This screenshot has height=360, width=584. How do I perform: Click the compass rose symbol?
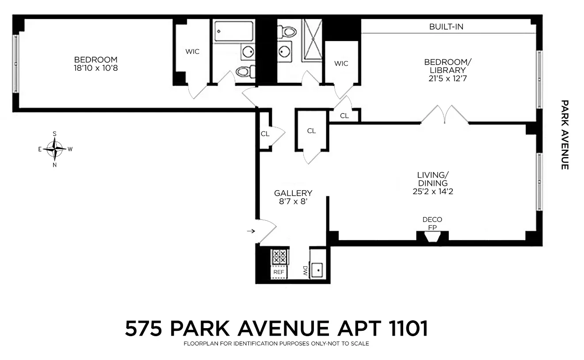[x=54, y=149]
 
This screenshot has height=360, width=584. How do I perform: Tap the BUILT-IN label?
[x=446, y=27]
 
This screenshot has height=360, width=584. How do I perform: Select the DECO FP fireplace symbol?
[x=432, y=237]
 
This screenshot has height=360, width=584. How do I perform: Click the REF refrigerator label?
[x=279, y=272]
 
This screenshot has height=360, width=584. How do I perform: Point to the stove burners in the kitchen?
[x=279, y=257]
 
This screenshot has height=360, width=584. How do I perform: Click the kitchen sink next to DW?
[x=317, y=270]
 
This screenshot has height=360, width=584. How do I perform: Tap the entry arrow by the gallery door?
[x=251, y=231]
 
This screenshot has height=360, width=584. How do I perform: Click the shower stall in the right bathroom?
[x=312, y=40]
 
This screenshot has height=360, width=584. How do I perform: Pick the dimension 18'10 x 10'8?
[x=95, y=69]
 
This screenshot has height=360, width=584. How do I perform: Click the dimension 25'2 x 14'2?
[x=433, y=191]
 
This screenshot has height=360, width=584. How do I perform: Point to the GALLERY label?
[x=293, y=193]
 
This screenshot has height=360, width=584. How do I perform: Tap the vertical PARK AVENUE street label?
[x=565, y=134]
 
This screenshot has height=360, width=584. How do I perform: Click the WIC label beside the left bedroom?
[x=192, y=51]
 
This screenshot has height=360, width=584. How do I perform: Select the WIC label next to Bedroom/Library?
[x=341, y=63]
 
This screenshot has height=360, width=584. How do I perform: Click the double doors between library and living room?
[x=444, y=114]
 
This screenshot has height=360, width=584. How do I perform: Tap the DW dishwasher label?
[x=305, y=270]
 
